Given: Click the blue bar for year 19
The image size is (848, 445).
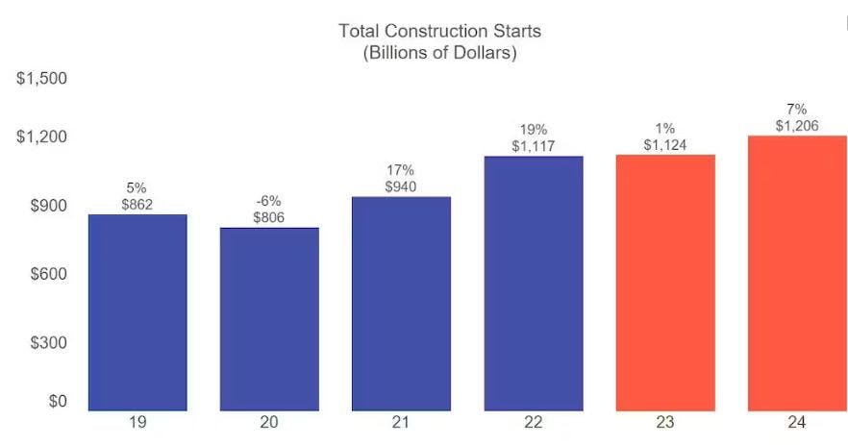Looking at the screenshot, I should [137, 312].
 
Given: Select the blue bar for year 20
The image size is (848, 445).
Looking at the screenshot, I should [269, 319].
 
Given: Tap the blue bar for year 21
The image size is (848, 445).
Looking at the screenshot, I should [401, 304].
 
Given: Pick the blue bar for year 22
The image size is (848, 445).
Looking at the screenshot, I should [534, 284].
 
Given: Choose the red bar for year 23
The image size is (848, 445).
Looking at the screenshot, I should [665, 283].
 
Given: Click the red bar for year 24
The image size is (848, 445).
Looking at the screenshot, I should [797, 273].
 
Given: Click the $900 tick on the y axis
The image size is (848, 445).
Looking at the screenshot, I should [46, 206].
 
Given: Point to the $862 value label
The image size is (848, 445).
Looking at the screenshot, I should [137, 204].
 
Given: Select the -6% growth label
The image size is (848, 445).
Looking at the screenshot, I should [269, 201].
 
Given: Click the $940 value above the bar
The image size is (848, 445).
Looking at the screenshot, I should [401, 186].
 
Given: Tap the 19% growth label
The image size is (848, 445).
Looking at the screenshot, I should [534, 129].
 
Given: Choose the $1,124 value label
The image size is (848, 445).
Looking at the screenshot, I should [665, 144].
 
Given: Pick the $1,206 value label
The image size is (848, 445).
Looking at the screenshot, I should [797, 125].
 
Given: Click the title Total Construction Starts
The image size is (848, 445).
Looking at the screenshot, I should [439, 31].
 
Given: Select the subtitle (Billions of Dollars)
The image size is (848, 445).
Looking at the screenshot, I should [439, 53].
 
